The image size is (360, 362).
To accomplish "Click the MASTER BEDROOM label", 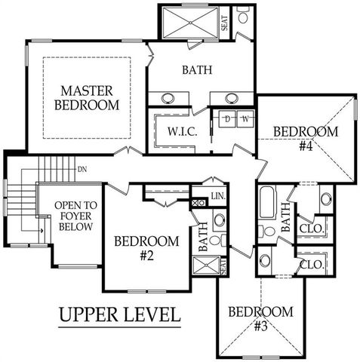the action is [87, 98].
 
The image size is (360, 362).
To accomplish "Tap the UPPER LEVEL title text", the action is [120, 314].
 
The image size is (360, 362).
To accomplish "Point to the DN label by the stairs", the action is [82, 170].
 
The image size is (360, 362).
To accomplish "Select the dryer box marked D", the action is [227, 118].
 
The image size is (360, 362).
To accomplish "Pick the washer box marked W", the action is [245, 118].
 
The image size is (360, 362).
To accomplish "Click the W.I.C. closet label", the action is [182, 132].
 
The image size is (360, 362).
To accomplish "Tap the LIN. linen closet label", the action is [218, 196].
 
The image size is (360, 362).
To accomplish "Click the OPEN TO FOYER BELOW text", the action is [75, 216].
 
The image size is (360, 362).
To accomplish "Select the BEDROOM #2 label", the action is [146, 248].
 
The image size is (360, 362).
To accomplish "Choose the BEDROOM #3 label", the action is [260, 319].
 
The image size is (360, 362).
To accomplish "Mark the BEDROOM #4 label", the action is [306, 139].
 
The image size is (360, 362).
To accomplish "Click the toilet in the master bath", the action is [243, 15].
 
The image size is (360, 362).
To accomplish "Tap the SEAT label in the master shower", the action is [225, 23].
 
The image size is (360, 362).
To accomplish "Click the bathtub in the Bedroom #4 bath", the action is [267, 201].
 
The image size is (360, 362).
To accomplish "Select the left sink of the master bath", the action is [168, 98].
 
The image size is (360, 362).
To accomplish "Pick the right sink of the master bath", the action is [232, 98].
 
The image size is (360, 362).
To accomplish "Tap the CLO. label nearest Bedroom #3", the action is [312, 265].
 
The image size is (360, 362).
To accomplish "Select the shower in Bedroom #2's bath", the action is [206, 265].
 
